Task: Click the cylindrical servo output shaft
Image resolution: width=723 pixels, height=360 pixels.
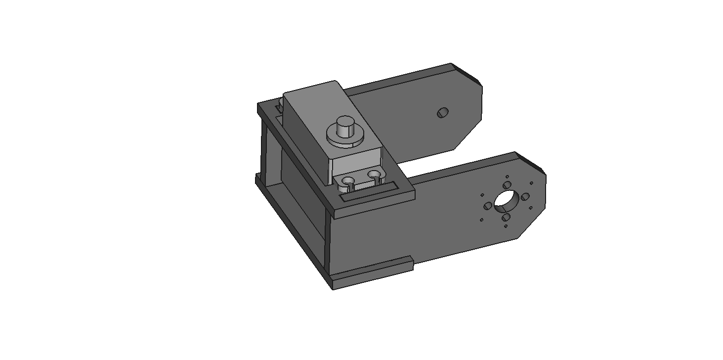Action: pyautogui.click(x=344, y=127)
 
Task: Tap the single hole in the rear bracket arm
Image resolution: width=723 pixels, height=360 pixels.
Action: pyautogui.click(x=442, y=113)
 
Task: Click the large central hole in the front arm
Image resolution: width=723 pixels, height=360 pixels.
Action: pyautogui.click(x=505, y=199)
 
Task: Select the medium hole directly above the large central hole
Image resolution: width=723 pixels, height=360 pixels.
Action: pyautogui.click(x=507, y=185)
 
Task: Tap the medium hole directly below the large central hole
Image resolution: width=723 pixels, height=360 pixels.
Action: pyautogui.click(x=506, y=217)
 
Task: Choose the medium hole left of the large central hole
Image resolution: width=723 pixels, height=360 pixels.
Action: pyautogui.click(x=488, y=205)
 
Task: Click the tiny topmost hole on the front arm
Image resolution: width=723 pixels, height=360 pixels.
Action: pyautogui.click(x=508, y=176)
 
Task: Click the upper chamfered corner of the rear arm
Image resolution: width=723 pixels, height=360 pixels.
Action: pyautogui.click(x=467, y=74)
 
